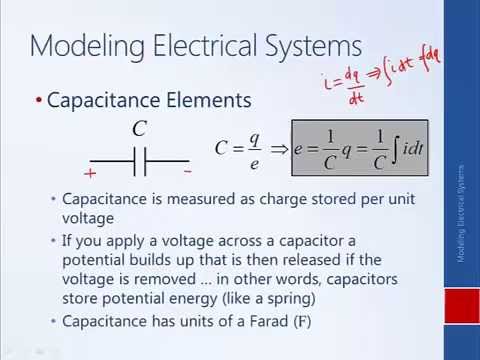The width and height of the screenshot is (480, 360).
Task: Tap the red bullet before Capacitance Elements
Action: [x=39, y=101]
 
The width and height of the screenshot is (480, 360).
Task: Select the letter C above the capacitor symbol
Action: [x=139, y=129]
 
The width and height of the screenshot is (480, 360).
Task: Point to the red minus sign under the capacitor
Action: [x=187, y=172]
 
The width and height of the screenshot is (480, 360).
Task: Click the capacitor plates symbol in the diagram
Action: [x=140, y=159]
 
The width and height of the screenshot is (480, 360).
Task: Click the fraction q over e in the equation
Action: [x=255, y=149]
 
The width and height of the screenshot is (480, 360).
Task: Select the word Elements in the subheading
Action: [x=199, y=101]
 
